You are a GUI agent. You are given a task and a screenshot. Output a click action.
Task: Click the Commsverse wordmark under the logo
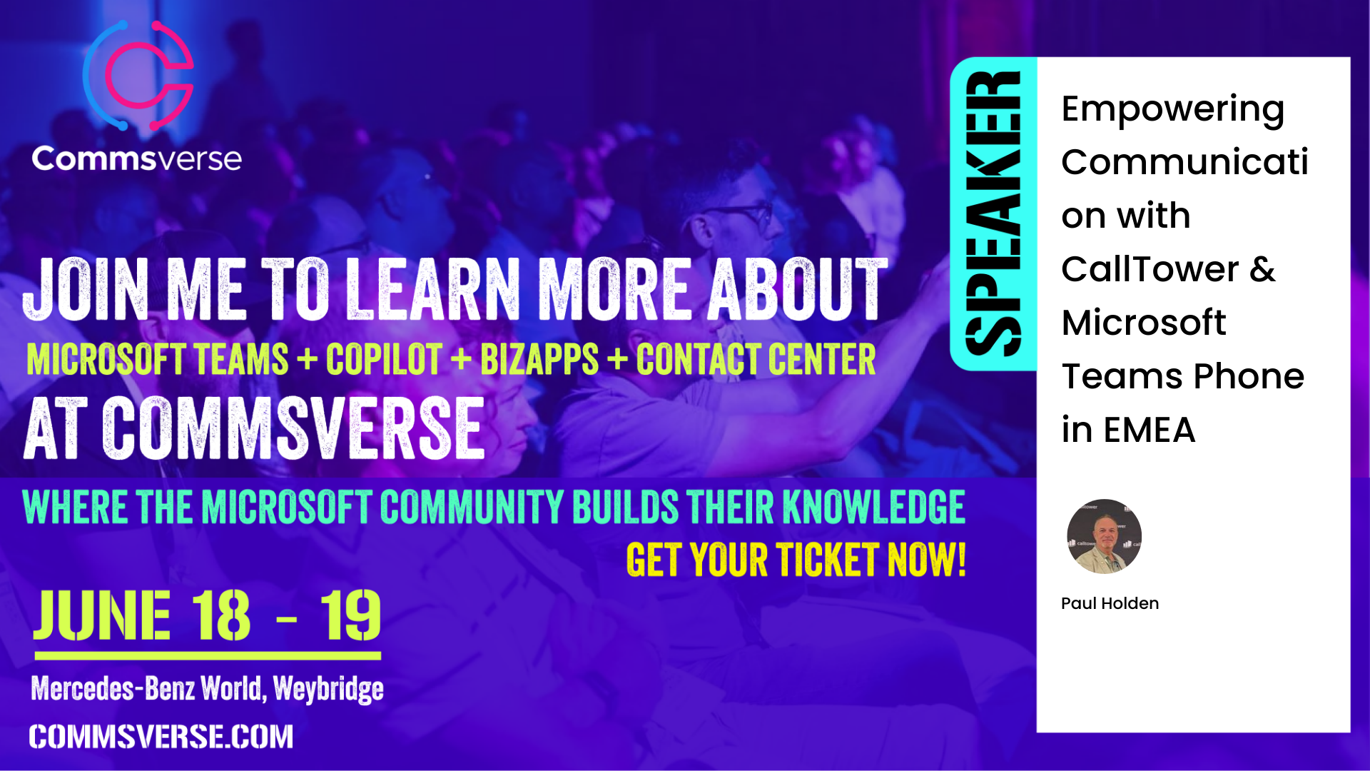coord(136,158)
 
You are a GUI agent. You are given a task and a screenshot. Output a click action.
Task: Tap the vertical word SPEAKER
coord(993,213)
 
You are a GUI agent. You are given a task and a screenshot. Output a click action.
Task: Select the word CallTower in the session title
coord(1150,269)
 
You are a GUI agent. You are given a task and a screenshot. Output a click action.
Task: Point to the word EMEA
coord(1149,430)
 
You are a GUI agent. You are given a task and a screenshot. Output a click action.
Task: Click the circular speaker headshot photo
coord(1104,536)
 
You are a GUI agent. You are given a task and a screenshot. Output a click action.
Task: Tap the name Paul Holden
coord(1110,603)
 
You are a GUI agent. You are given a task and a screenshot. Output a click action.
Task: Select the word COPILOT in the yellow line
coord(384,359)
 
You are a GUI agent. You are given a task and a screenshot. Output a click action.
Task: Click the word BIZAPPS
coord(539,359)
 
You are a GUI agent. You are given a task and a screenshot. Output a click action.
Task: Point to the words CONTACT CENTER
coord(756,359)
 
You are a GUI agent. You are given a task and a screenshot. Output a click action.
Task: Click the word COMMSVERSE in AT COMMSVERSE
coord(294,428)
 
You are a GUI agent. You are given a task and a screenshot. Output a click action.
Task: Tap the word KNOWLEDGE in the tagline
coord(874,507)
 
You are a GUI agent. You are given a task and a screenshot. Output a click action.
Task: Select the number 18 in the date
coord(221,615)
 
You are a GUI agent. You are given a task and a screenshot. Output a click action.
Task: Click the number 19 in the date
coord(350,615)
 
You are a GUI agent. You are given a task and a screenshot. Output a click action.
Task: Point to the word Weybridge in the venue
coord(328,689)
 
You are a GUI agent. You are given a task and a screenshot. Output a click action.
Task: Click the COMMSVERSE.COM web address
coord(161,737)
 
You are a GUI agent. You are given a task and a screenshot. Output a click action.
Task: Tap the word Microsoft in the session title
coord(1143,323)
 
